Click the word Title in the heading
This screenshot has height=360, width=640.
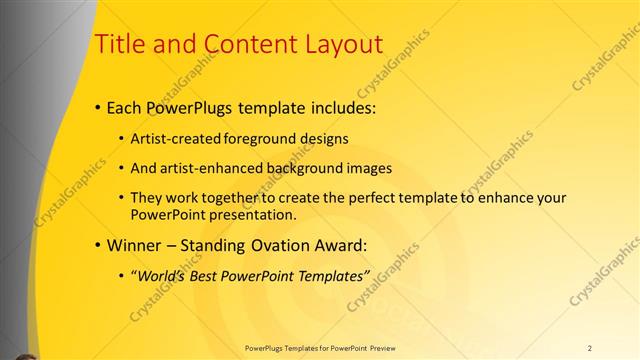tap(118, 44)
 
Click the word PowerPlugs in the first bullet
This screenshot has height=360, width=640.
tap(184, 106)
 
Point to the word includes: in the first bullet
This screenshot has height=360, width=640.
tap(330, 106)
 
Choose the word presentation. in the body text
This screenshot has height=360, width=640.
tap(246, 214)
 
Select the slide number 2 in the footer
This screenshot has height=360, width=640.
tap(589, 348)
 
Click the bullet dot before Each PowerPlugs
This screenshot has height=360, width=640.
tap(97, 107)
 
